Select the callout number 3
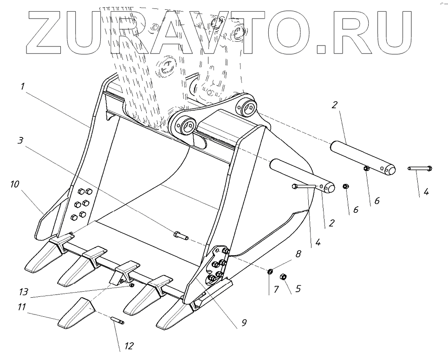coord(19,141)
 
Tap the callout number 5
coord(298,288)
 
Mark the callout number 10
coord(15,185)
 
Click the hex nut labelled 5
coord(284,277)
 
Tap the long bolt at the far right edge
coord(420,168)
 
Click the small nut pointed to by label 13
coord(132,285)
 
